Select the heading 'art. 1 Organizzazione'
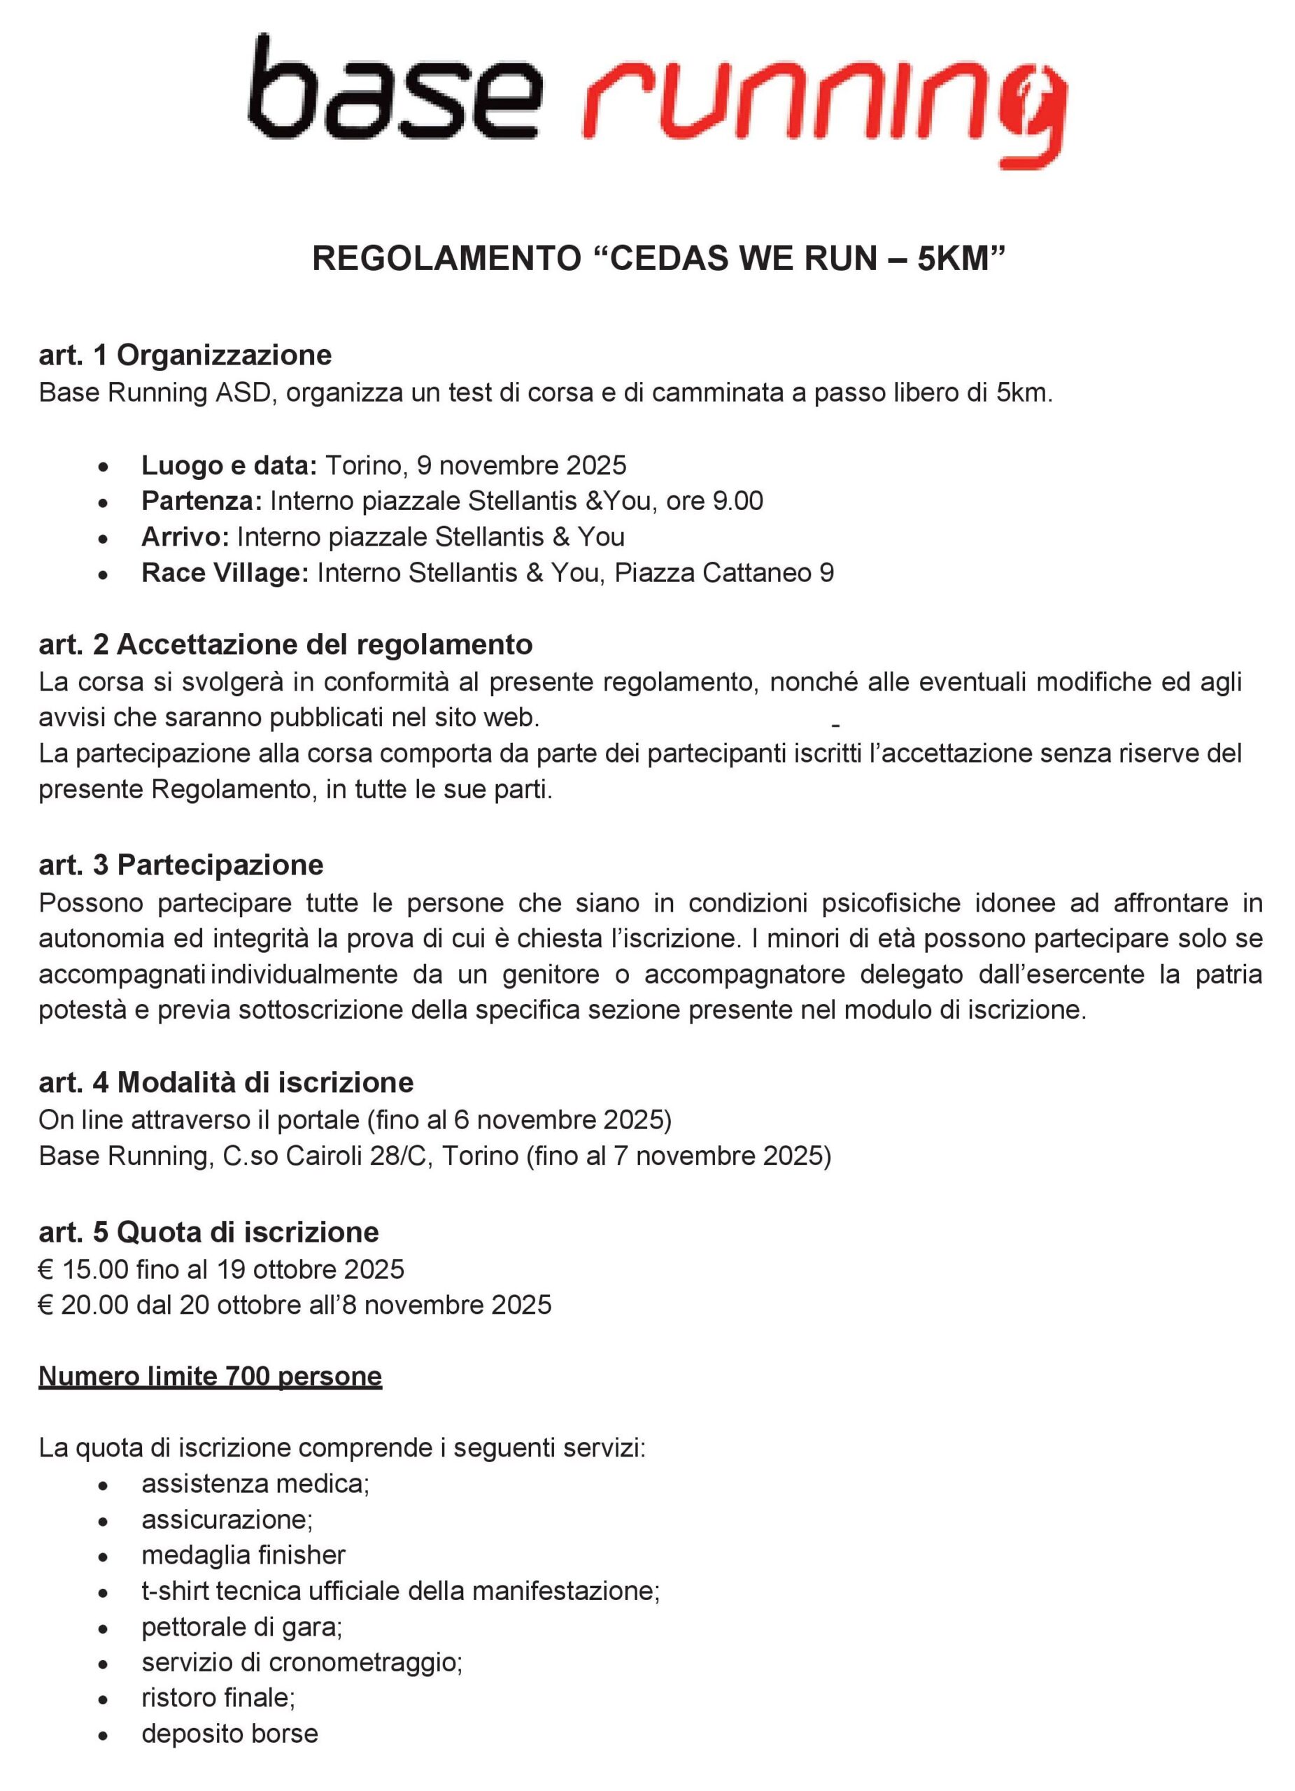(185, 355)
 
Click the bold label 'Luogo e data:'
(229, 465)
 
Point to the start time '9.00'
(737, 501)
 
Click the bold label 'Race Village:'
(225, 572)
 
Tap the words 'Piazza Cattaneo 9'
(723, 572)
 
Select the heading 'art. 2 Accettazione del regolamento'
(285, 644)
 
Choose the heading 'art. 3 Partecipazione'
(181, 865)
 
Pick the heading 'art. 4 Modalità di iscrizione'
(226, 1082)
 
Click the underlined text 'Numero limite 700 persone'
(210, 1376)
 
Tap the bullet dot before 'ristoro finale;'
(103, 1699)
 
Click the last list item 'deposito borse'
(229, 1734)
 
